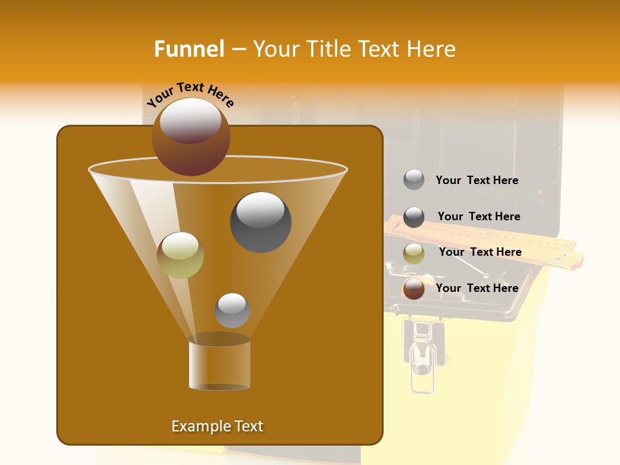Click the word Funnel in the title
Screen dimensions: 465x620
click(189, 49)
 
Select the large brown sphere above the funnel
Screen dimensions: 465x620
click(191, 136)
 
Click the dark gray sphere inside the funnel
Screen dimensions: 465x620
click(260, 222)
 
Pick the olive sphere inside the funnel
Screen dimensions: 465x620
click(180, 255)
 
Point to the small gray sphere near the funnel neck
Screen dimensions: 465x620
click(232, 310)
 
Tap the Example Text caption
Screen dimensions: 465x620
click(217, 426)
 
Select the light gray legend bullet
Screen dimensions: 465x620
click(414, 180)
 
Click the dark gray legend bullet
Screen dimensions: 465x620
click(414, 217)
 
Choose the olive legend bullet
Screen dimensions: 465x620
click(414, 253)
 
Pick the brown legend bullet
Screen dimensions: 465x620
click(414, 289)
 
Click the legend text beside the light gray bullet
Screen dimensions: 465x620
click(477, 181)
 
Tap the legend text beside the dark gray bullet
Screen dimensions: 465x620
click(479, 216)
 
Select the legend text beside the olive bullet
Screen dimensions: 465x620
click(480, 252)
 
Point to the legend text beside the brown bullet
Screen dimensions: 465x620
click(477, 288)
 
